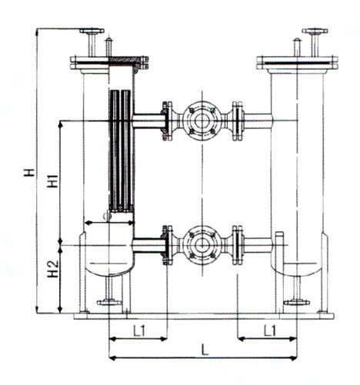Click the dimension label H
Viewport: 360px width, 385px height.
pyautogui.click(x=28, y=173)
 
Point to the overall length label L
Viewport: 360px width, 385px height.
pyautogui.click(x=203, y=350)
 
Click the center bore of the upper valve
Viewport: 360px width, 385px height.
pyautogui.click(x=202, y=120)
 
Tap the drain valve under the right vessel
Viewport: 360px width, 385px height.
pyautogui.click(x=296, y=301)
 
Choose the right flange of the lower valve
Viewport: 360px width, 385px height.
pyautogui.click(x=239, y=245)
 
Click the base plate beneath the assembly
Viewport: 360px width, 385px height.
pyautogui.click(x=203, y=314)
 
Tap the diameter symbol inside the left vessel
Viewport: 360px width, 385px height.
pyautogui.click(x=108, y=218)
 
